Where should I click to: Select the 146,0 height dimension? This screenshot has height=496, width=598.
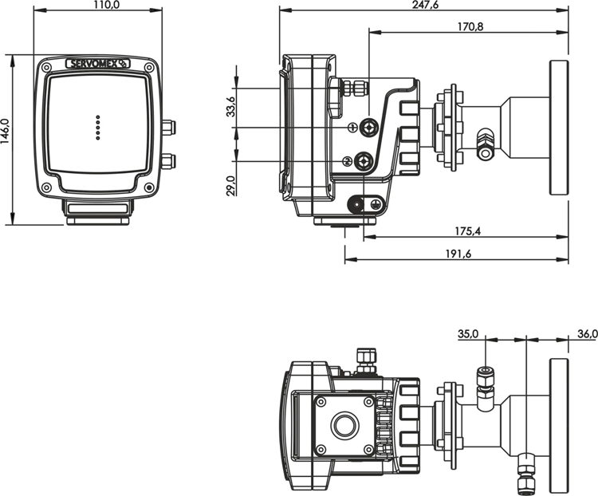pyautogui.click(x=6, y=140)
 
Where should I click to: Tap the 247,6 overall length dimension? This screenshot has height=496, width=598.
pyautogui.click(x=423, y=6)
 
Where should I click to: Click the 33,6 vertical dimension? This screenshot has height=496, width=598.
pyautogui.click(x=230, y=106)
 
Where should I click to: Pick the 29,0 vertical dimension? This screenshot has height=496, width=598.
pyautogui.click(x=230, y=185)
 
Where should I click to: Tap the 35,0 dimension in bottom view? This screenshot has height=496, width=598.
pyautogui.click(x=468, y=335)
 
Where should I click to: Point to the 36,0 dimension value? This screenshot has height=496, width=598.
pyautogui.click(x=585, y=335)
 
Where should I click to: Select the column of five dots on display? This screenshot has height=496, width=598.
pyautogui.click(x=98, y=128)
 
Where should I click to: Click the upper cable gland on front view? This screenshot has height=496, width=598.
pyautogui.click(x=167, y=127)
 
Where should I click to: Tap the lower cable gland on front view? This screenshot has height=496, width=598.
pyautogui.click(x=167, y=162)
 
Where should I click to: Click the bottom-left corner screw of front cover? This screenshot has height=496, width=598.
pyautogui.click(x=46, y=188)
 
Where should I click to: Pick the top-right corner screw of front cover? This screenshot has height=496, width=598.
pyautogui.click(x=149, y=69)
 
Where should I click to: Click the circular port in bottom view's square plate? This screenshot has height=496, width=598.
pyautogui.click(x=344, y=425)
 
